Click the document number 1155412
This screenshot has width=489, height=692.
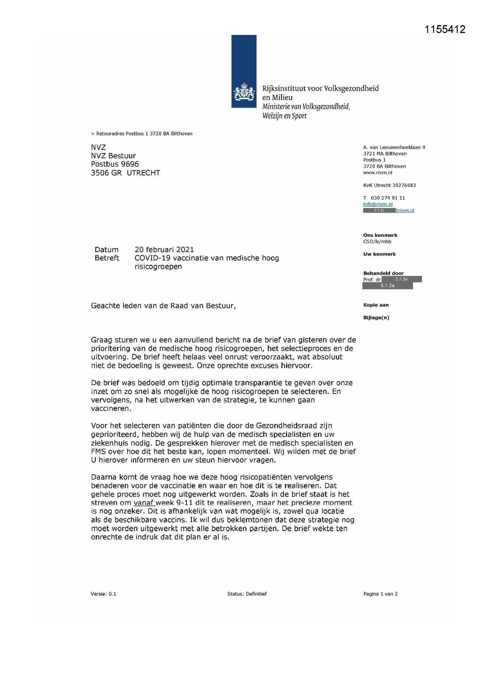pos(445,29)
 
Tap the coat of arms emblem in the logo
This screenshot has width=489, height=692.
pos(244,93)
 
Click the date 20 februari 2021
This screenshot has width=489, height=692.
pos(164,250)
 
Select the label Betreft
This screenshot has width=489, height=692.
pos(107,258)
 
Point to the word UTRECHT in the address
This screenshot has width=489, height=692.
pos(143,173)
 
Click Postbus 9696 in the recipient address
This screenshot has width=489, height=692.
pos(115,164)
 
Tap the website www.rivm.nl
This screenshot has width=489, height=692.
pos(378,173)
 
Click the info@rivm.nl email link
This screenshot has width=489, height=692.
pos(378,204)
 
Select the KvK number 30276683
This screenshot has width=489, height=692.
pos(404,185)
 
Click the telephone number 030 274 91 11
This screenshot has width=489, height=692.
pos(388,198)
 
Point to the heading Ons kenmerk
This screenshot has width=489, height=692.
pos(380,235)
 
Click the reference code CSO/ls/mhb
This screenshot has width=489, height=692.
pos(377,242)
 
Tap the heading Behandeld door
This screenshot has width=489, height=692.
pos(383,273)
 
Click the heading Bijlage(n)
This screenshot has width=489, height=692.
pos(376,318)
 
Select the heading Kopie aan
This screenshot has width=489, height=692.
pos(376,305)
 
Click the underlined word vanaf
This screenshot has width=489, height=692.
pos(144,503)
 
